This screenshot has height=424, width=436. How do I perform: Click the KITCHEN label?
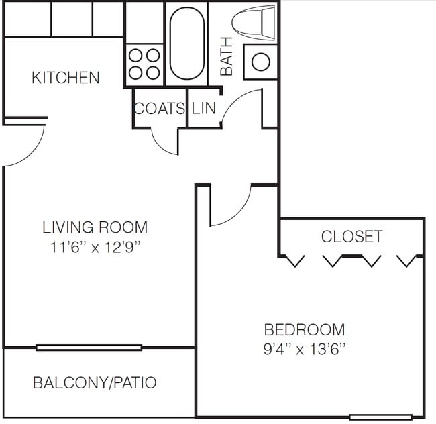[x=66, y=78]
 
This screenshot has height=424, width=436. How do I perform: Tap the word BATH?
[x=227, y=56]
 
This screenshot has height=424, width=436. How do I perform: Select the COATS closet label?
[x=160, y=108]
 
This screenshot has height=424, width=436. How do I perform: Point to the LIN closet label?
[x=205, y=108]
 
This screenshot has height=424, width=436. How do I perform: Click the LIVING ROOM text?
[x=95, y=227]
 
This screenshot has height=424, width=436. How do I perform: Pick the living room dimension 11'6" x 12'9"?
[x=95, y=247]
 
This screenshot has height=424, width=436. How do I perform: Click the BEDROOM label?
[x=305, y=330]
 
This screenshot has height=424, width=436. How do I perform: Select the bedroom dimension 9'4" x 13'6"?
[x=305, y=349]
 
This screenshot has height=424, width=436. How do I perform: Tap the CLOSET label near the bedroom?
[x=351, y=236]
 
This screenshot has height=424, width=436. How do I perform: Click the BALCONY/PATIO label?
[x=95, y=383]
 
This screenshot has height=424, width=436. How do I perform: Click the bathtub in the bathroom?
[x=186, y=44]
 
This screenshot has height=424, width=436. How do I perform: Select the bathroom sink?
[x=260, y=62]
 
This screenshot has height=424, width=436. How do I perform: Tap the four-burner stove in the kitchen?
[x=144, y=64]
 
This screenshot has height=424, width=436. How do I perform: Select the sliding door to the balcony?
[x=89, y=348]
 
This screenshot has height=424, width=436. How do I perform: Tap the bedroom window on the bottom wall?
[x=380, y=417]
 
